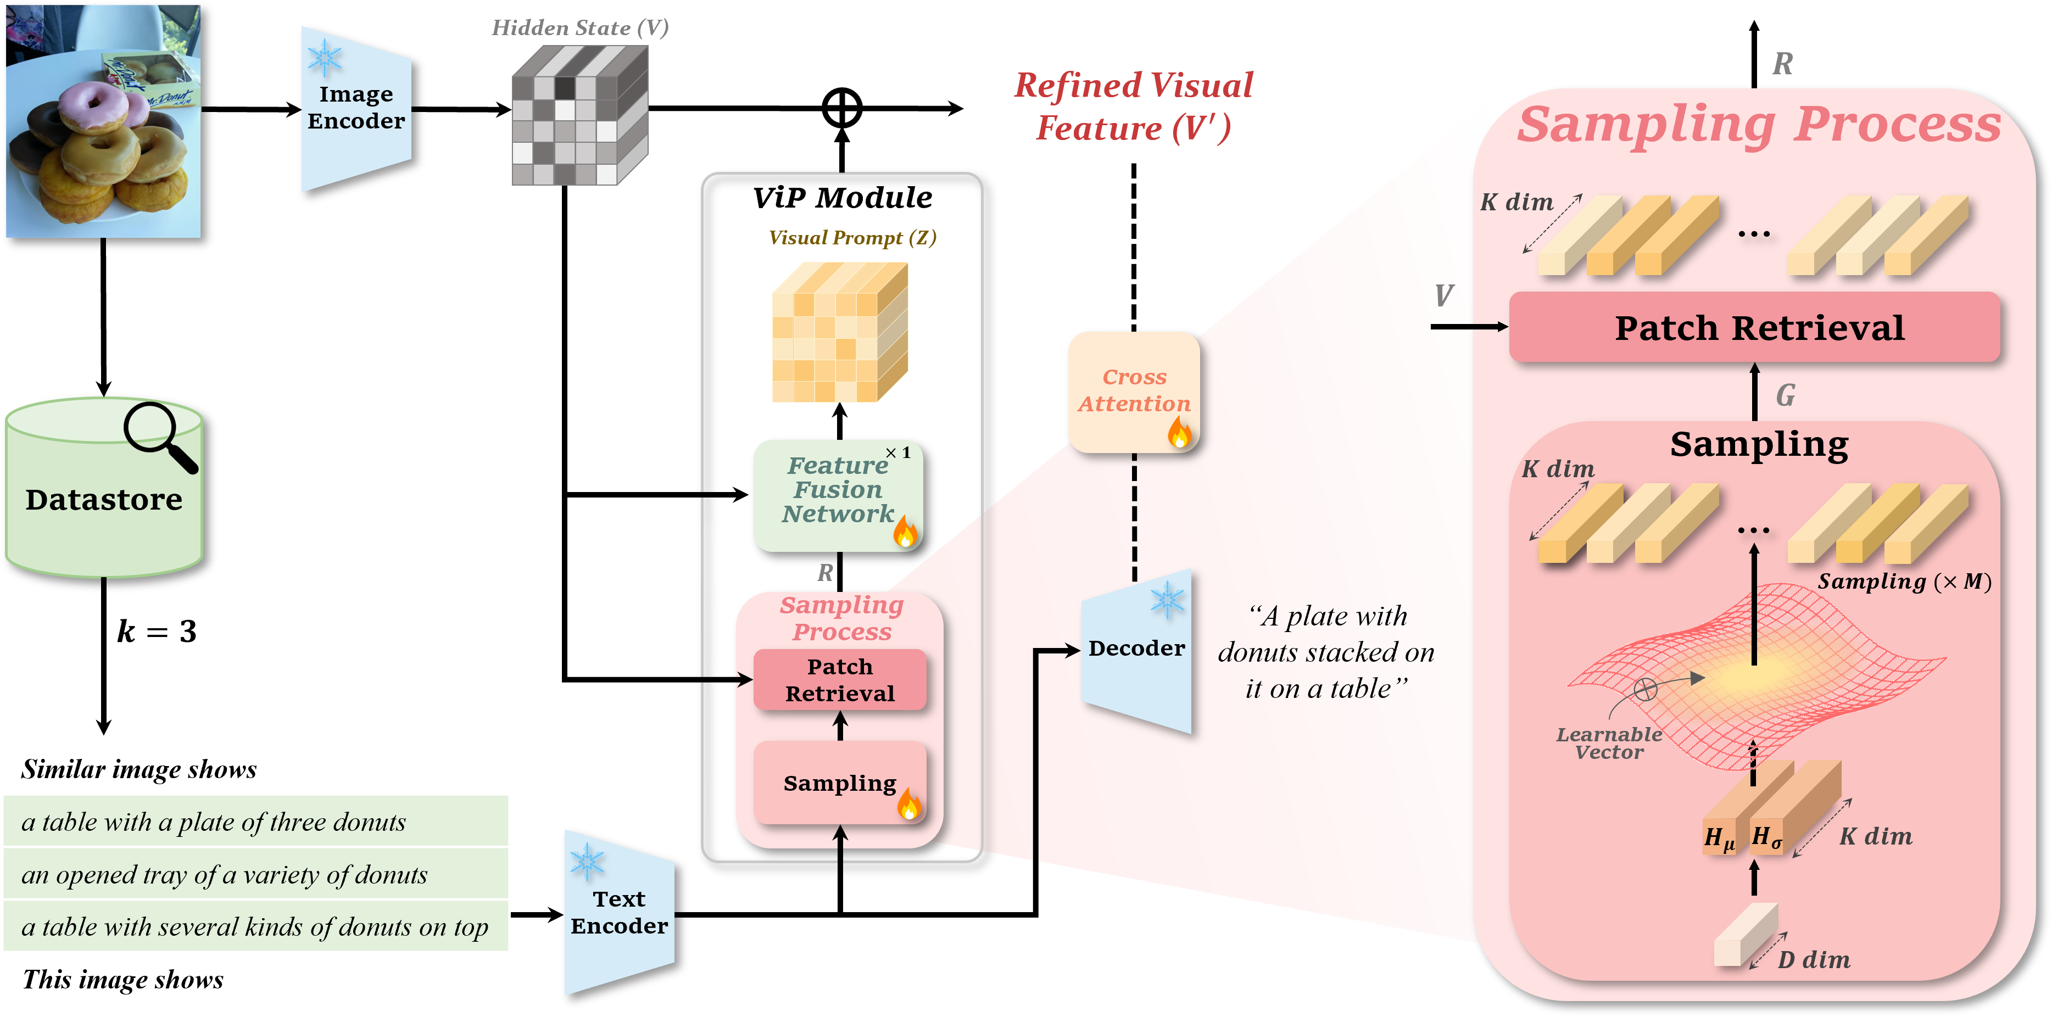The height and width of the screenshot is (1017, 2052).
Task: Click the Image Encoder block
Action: [x=355, y=108]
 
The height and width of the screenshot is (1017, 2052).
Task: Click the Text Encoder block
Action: [x=619, y=913]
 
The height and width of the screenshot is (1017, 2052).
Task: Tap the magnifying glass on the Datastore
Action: [x=158, y=434]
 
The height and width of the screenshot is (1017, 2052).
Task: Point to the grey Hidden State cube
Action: [x=579, y=115]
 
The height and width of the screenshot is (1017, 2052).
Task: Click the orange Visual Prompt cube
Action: [x=839, y=333]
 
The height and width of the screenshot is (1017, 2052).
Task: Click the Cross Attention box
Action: [x=1134, y=391]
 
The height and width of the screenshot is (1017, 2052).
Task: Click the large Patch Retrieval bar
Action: [x=1754, y=327]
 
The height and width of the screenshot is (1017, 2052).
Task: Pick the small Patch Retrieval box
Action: [x=840, y=679]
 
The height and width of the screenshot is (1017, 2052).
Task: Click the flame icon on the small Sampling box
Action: [x=908, y=804]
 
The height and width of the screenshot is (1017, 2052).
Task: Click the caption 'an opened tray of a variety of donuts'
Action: [x=225, y=874]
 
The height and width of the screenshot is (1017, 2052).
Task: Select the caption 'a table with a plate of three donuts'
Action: [x=214, y=822]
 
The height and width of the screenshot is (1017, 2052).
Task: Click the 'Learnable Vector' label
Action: [x=1609, y=743]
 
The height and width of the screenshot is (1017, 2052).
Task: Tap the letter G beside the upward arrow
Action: [x=1785, y=395]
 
